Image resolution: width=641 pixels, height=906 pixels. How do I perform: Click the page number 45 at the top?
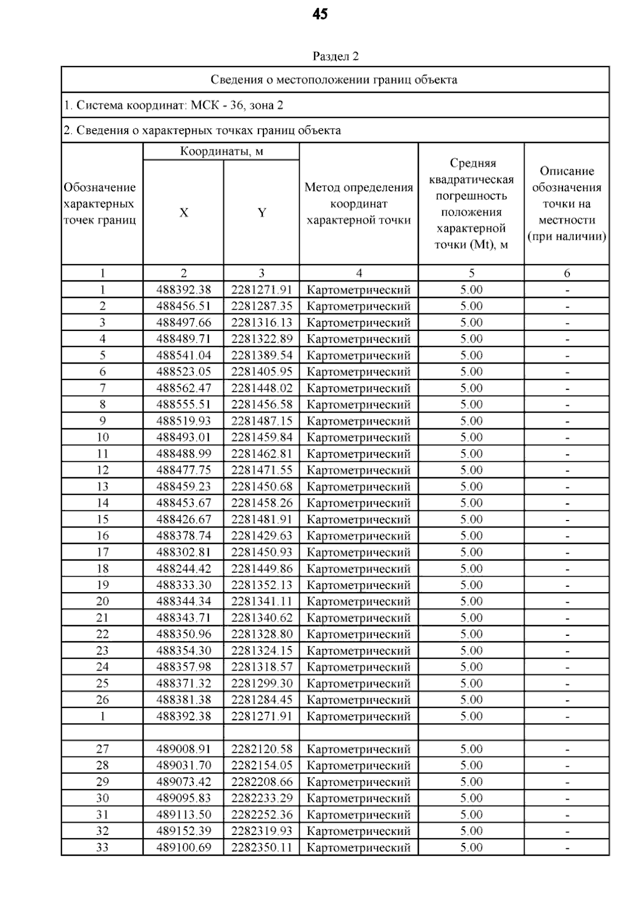click(320, 14)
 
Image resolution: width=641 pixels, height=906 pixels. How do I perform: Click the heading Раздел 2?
click(335, 57)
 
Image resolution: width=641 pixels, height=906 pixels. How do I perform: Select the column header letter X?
click(184, 212)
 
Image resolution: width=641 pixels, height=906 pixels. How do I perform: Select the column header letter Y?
click(262, 212)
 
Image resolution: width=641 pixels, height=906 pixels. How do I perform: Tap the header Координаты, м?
click(222, 151)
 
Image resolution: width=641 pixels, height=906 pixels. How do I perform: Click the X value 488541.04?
click(184, 355)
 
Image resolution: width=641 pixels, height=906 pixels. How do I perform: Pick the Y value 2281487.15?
click(262, 421)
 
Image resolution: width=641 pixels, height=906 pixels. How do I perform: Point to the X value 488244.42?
click(184, 569)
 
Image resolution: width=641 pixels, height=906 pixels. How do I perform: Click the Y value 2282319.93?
click(262, 831)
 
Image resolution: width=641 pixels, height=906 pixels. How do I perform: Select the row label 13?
click(103, 486)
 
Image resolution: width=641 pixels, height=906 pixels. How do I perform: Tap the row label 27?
click(103, 749)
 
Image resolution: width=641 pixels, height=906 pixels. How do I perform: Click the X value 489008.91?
click(184, 749)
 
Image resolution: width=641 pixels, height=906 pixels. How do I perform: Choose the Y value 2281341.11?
click(262, 601)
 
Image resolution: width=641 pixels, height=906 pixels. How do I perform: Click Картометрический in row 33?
click(358, 847)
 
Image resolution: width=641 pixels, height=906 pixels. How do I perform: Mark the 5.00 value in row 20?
click(471, 601)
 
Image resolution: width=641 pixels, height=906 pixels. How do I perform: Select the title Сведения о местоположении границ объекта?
click(334, 80)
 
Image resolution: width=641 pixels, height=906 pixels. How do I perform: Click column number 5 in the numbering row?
click(471, 273)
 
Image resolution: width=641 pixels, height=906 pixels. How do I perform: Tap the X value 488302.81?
click(184, 552)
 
